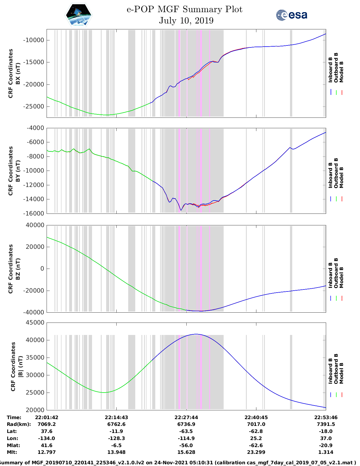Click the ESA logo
[292, 15]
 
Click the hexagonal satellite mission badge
[78, 15]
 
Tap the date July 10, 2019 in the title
[186, 21]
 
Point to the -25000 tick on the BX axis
[34, 107]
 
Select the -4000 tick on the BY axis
[36, 128]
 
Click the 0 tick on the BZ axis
[42, 269]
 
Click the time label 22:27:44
[186, 417]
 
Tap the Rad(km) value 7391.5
[326, 424]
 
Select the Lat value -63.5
[186, 431]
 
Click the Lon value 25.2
[256, 438]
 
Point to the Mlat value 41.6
[47, 445]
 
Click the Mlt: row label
[12, 452]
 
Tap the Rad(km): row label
[19, 424]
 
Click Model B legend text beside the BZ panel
[341, 277]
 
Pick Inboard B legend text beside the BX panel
[330, 70]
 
